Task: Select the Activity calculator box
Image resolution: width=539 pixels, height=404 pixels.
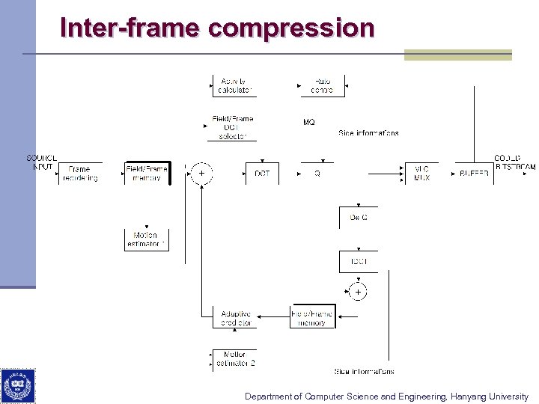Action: coord(234,85)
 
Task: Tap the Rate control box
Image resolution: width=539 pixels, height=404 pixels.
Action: coord(323,85)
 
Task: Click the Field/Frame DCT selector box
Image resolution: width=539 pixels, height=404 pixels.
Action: coord(233,127)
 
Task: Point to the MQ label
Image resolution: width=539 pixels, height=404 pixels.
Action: coord(308,122)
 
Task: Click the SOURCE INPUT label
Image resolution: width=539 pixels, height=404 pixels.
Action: coord(41,162)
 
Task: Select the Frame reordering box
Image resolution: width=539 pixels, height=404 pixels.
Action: coord(80,174)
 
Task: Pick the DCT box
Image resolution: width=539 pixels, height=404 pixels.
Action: coord(262,174)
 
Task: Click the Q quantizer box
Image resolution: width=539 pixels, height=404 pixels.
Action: coord(317,174)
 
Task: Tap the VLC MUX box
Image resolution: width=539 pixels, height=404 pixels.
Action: coord(421,174)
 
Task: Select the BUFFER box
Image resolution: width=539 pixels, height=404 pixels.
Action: coord(473,174)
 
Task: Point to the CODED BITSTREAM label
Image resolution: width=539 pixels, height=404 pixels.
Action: coord(514,162)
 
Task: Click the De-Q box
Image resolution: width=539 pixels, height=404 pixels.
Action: coord(359,217)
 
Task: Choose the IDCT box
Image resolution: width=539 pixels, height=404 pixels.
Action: coord(359,262)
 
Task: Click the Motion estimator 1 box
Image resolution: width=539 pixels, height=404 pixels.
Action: coord(146,239)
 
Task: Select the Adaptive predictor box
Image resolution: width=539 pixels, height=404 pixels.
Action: coord(235,318)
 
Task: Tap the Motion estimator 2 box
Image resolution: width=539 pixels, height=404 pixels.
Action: coord(235,358)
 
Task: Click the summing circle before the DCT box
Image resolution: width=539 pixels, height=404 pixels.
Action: coord(201,174)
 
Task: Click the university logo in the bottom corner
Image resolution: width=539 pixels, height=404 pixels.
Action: coord(17,385)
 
